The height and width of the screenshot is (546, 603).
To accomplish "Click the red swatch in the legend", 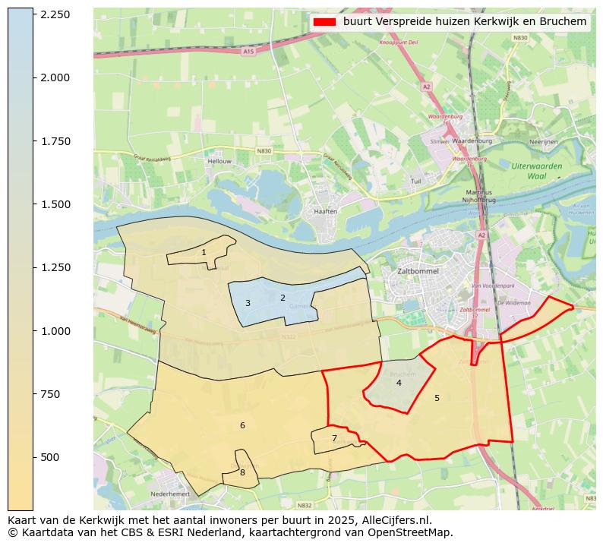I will pyautogui.click(x=324, y=22).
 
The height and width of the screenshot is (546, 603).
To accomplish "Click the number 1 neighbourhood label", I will pyautogui.click(x=204, y=252).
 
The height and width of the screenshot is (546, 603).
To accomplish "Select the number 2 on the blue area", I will pyautogui.click(x=283, y=298).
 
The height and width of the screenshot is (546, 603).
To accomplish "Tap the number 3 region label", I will pyautogui.click(x=248, y=303).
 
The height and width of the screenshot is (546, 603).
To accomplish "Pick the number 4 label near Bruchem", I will pyautogui.click(x=399, y=383).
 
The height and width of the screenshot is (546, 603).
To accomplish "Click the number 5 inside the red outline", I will pyautogui.click(x=437, y=398).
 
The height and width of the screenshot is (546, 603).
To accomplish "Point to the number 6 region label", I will pyautogui.click(x=242, y=425).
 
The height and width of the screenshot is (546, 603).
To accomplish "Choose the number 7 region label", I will pyautogui.click(x=334, y=438).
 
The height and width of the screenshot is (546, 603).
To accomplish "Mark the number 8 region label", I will pyautogui.click(x=242, y=472).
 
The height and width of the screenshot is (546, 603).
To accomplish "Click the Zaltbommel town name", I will pyautogui.click(x=416, y=270).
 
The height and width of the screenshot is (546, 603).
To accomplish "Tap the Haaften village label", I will pyautogui.click(x=325, y=212).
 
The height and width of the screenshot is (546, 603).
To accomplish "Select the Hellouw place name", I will pyautogui.click(x=219, y=161).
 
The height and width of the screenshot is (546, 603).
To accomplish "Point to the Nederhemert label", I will pyautogui.click(x=170, y=494).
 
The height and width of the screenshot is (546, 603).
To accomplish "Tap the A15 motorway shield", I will pyautogui.click(x=248, y=52).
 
